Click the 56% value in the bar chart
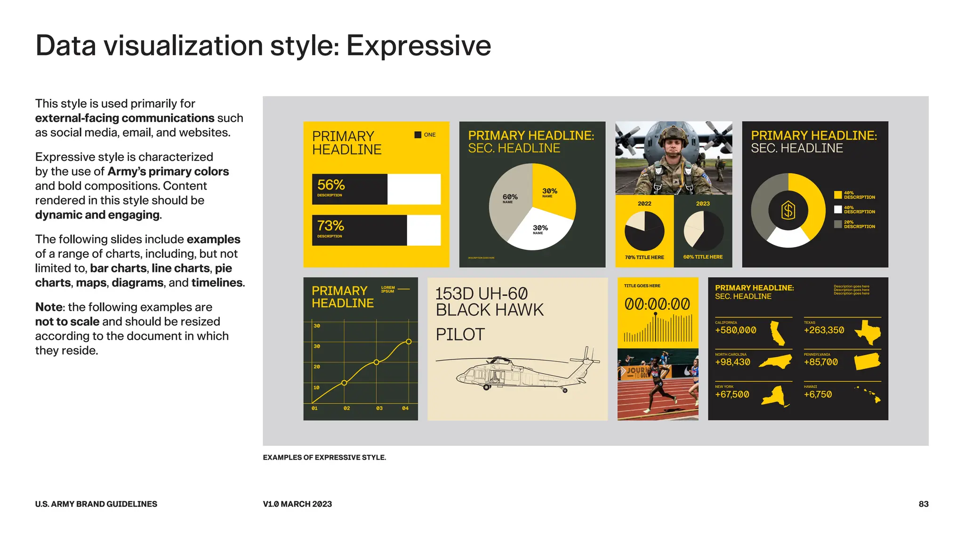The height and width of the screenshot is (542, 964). pos(331,185)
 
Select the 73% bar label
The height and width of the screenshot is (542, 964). pos(330,226)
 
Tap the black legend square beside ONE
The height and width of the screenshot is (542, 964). pos(418,135)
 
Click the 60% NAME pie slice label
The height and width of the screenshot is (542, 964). pos(510,198)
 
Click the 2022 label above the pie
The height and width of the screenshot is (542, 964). pos(644,204)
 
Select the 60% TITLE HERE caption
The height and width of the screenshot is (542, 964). pos(703,257)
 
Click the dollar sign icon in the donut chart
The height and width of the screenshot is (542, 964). pos(788,210)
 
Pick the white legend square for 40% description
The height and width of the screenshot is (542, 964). pos(838,209)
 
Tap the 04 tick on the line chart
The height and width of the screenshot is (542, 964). pos(405,408)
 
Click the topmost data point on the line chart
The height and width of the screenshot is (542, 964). pos(409,342)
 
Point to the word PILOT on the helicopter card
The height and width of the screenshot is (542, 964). pos(460,335)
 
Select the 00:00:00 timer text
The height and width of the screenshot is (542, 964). pos(657,304)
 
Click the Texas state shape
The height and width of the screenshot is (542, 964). pos(868,332)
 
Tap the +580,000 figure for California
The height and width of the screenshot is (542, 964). pos(736,330)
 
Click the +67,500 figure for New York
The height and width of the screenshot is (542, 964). pos(732,394)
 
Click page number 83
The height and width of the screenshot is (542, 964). pos(924,504)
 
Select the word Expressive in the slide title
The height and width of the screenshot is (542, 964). pos(418,46)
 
